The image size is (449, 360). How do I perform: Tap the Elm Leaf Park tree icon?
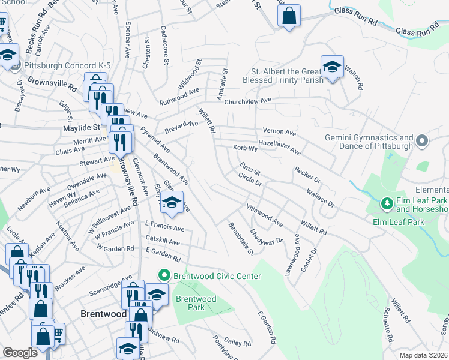point(387,205)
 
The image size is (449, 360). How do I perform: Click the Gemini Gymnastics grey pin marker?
point(422,142)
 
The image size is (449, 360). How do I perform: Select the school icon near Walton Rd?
point(331,68)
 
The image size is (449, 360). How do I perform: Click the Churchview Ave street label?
point(248,101)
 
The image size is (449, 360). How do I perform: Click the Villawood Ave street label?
point(264,214)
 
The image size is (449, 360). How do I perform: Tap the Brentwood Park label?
point(196,303)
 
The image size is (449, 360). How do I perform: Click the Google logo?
point(20,353)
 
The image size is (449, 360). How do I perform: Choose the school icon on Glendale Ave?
point(172,203)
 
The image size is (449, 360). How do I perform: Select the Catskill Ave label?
point(162,242)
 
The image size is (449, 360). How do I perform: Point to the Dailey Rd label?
point(237,343)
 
